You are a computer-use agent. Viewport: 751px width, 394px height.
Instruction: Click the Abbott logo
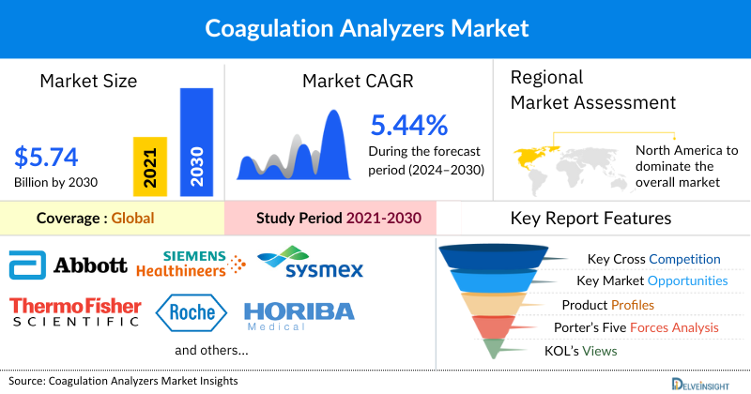tap(68, 265)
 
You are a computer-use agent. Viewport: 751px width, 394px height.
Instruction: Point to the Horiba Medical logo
tap(298, 315)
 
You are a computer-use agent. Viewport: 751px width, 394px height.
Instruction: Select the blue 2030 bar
tap(195, 141)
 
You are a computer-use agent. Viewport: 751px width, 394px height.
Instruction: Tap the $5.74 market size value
tap(46, 155)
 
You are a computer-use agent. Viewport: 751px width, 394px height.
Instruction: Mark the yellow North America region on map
tap(533, 154)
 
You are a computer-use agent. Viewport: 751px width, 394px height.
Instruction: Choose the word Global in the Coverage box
tap(132, 219)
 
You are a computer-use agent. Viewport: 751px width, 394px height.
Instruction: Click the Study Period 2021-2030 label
tap(338, 219)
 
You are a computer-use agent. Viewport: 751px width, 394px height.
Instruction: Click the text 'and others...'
tap(211, 350)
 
